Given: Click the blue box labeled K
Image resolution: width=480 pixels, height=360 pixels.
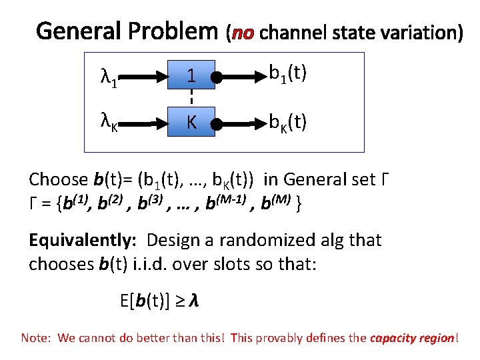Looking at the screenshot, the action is click(x=191, y=123).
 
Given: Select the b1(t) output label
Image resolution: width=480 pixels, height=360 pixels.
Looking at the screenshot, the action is click(x=287, y=73).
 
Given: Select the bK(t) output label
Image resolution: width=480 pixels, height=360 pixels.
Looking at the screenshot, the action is click(x=287, y=122).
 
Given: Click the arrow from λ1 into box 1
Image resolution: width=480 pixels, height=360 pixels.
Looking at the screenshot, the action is click(x=142, y=77).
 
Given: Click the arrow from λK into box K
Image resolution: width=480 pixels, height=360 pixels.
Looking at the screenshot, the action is click(x=142, y=123).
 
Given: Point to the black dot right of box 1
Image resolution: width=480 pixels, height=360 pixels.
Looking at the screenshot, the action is click(x=217, y=78).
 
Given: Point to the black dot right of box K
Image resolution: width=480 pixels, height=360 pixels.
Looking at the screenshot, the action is click(x=217, y=123).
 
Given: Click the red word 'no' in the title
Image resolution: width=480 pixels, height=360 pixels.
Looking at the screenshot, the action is click(x=243, y=31).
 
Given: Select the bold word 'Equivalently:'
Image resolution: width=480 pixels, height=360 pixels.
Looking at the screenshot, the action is click(x=83, y=240).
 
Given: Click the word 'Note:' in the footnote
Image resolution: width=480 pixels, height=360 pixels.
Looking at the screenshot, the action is click(x=36, y=338).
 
